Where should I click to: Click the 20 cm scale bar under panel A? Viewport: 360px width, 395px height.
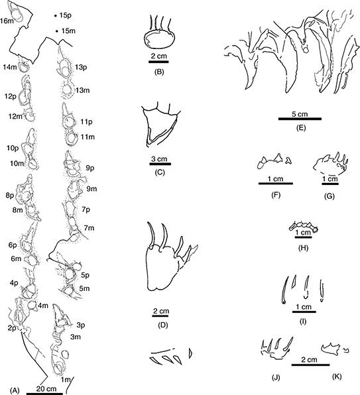44,394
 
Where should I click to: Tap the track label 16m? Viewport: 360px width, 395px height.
7,21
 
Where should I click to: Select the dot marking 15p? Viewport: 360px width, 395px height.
55,16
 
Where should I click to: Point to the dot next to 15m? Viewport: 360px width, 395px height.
56,31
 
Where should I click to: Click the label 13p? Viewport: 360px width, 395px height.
81,68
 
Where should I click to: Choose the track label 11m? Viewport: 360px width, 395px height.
88,137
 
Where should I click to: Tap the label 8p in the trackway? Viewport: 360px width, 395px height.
10,196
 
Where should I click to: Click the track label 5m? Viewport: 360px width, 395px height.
84,288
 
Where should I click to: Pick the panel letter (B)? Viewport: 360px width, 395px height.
159,72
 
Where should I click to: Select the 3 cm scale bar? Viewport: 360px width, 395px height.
160,164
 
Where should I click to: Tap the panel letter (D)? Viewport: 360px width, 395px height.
162,325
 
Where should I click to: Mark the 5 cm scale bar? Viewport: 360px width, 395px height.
300,119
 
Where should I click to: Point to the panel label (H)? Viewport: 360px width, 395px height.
304,248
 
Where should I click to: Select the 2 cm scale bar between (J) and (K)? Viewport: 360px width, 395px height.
310,365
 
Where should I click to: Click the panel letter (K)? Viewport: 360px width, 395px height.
337,376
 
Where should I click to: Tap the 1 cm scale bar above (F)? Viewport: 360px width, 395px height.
276,184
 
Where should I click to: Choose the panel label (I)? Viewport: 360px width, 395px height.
304,321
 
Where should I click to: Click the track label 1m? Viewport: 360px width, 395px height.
64,379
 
